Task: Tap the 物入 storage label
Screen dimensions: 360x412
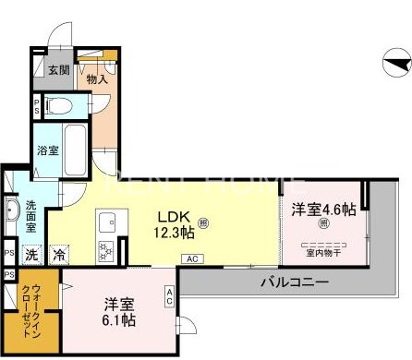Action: coord(98,79)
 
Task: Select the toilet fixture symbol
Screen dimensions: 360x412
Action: coord(61,105)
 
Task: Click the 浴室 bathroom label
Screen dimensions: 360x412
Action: coord(49,150)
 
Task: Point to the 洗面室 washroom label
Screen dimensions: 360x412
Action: coord(31,217)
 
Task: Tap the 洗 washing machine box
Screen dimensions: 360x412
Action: coord(31,254)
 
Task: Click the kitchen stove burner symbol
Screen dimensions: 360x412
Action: coord(104,249)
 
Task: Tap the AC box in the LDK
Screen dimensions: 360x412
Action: coord(193,258)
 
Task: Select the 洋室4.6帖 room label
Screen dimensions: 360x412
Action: coord(323,210)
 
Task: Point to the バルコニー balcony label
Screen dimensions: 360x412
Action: coord(294,282)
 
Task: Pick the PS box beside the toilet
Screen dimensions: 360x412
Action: coord(36,104)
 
